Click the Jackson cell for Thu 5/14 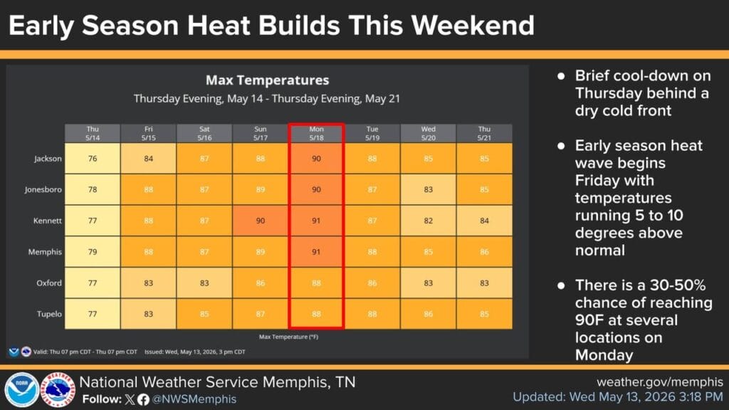click(x=93, y=159)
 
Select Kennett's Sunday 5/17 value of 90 click(x=261, y=221)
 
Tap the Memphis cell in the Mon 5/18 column click(x=316, y=252)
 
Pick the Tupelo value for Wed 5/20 click(x=428, y=314)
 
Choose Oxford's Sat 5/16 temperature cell click(x=204, y=283)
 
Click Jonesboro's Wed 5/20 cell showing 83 click(x=428, y=189)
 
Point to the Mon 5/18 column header click(x=316, y=133)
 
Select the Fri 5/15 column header click(x=148, y=133)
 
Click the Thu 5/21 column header click(x=484, y=133)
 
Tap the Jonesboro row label click(x=43, y=189)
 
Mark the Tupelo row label click(x=49, y=314)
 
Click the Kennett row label click(x=48, y=221)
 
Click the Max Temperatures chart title click(x=268, y=80)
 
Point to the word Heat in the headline click(x=218, y=25)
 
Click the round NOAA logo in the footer click(x=21, y=389)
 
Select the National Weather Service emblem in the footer click(x=58, y=389)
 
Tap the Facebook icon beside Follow click(x=143, y=399)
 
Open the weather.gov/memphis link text click(x=660, y=382)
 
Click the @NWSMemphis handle click(x=194, y=399)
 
